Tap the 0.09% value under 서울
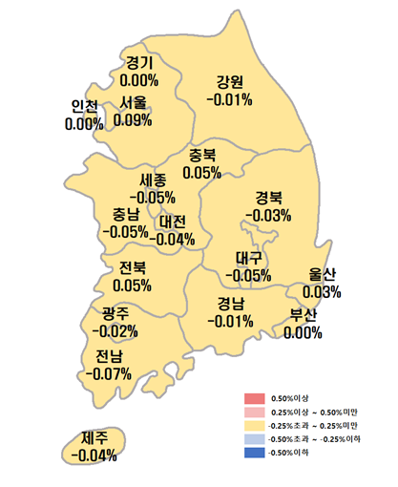133,120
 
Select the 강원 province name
230,80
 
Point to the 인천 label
84,106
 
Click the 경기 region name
139,63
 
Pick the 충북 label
201,156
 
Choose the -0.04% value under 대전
174,239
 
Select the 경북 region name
270,198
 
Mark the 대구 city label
249,258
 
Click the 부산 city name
303,316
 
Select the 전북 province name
132,267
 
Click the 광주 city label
115,314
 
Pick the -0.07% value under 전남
108,373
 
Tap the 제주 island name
94,438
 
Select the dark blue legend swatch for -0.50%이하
253,451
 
